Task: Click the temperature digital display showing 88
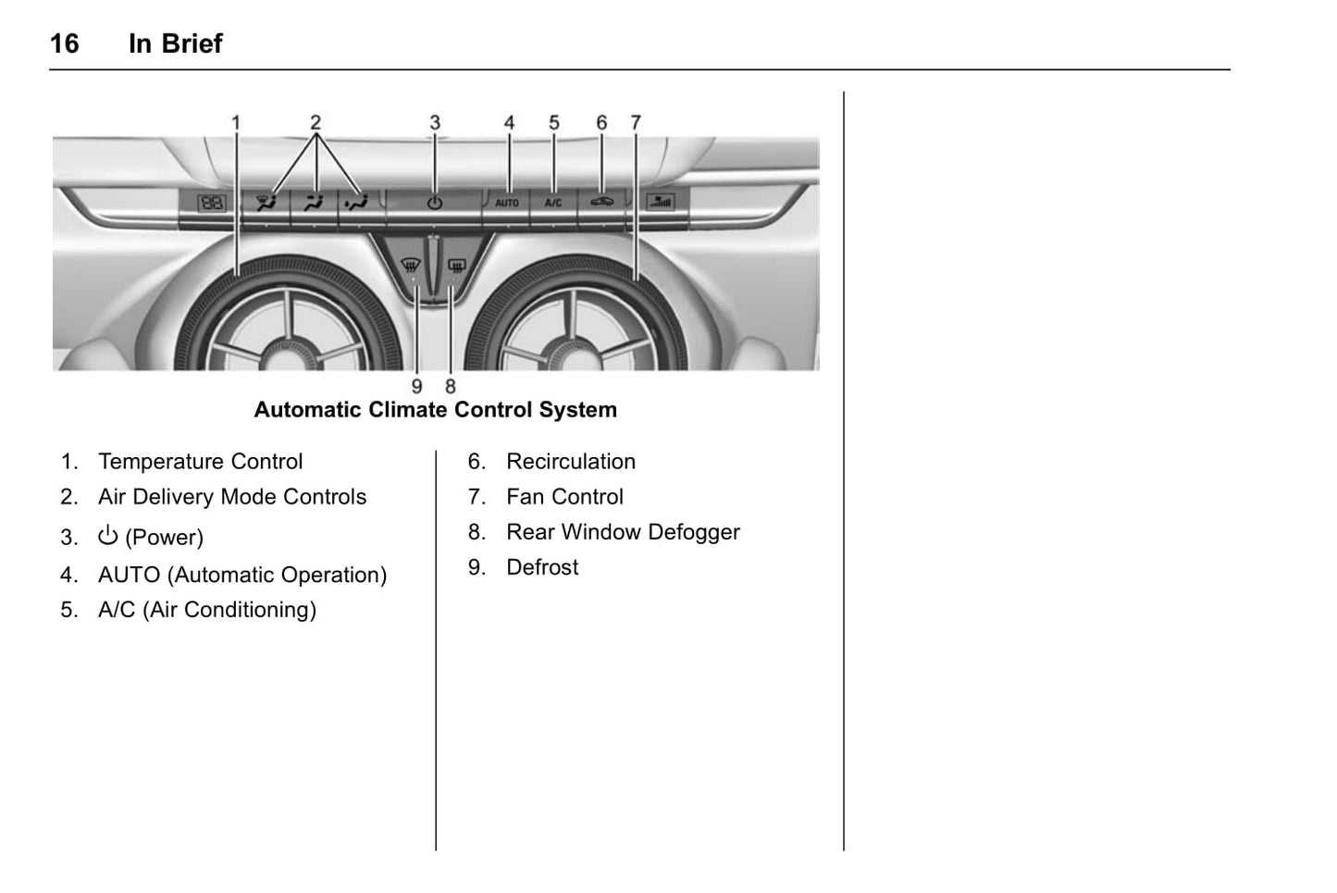[211, 204]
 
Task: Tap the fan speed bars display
[661, 203]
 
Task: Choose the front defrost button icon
[411, 264]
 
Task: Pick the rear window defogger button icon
[456, 264]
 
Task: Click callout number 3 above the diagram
[435, 123]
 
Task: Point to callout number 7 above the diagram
[636, 123]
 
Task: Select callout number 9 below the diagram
[416, 387]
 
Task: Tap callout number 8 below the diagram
[451, 387]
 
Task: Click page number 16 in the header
[65, 43]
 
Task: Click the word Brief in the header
[192, 43]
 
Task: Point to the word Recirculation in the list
[571, 462]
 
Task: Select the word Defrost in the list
[542, 567]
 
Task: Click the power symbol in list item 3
[108, 536]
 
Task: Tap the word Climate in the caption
[408, 410]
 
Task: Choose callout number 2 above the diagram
[316, 123]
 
